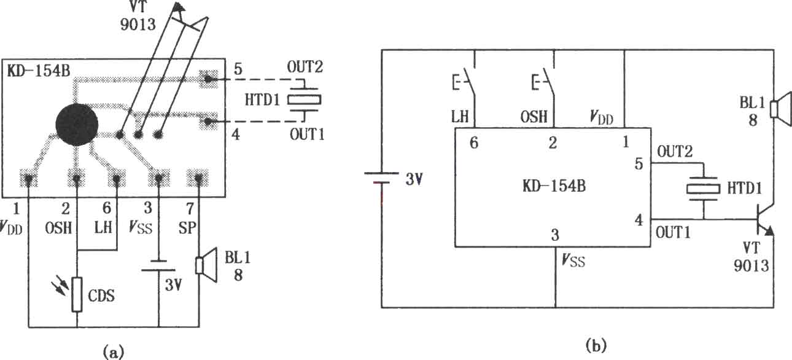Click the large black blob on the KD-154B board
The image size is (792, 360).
(77, 124)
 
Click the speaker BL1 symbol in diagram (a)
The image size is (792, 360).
(206, 265)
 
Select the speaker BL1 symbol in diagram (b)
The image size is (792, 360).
(781, 109)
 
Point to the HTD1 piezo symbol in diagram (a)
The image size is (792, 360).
(304, 100)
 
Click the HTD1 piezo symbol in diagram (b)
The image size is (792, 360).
(703, 189)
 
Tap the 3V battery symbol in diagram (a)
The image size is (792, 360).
(158, 265)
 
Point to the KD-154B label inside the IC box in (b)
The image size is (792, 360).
(554, 186)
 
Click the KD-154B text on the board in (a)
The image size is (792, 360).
(39, 71)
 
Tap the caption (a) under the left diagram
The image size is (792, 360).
(113, 352)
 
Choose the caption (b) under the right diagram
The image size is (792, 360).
(596, 345)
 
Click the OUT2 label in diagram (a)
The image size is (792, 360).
(305, 67)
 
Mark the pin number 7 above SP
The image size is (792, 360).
(190, 209)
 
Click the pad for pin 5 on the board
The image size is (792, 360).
(208, 79)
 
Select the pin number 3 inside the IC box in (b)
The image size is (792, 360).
(555, 235)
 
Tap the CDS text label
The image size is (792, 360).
(101, 295)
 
